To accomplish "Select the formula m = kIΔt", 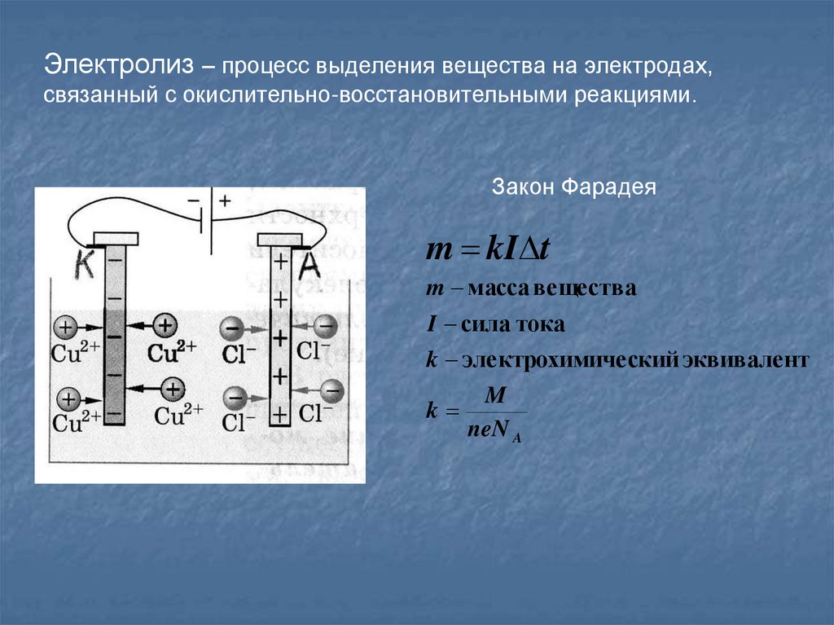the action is [x=488, y=249].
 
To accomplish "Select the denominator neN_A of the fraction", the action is [x=494, y=431].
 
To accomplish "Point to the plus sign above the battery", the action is [x=224, y=200].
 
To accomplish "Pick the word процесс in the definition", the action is [x=263, y=65].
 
